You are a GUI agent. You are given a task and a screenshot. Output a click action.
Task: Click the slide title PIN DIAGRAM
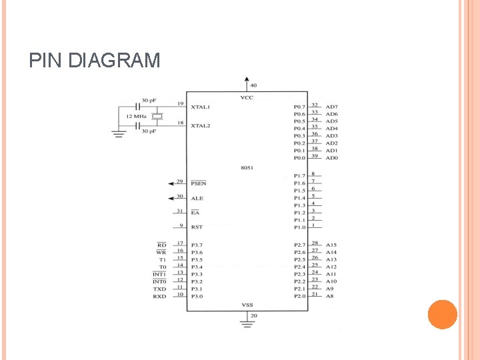95,61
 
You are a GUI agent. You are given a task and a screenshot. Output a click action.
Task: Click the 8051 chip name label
247,167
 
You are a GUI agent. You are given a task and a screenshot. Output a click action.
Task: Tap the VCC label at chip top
247,98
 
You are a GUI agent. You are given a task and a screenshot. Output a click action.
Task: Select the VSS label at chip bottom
247,305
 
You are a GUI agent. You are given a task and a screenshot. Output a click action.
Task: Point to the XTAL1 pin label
201,107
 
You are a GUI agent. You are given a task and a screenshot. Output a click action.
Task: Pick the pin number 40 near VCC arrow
253,85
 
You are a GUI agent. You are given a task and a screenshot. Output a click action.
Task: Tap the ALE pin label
197,198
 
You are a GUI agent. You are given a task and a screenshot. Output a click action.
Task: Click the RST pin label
197,227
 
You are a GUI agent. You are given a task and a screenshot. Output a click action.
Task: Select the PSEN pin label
199,183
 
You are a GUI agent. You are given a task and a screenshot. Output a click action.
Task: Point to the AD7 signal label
332,107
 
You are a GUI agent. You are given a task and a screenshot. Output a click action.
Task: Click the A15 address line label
331,245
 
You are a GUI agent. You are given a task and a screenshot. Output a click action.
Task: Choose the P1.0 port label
299,227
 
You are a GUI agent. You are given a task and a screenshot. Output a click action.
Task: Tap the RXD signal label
159,296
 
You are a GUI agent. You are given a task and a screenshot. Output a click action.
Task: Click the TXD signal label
159,289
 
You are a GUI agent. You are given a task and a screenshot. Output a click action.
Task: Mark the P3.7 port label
197,245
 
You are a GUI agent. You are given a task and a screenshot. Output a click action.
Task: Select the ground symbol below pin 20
247,325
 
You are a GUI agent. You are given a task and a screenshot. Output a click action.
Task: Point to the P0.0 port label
299,158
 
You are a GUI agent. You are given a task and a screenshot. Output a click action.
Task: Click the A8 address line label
329,296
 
